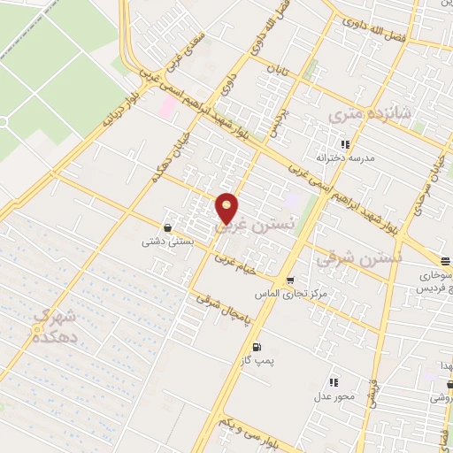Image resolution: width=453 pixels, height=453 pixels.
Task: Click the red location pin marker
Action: coord(227,207)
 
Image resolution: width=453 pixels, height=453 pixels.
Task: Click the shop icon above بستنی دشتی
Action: coord(168,228)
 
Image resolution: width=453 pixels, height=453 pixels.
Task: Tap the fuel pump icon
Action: coord(257,347)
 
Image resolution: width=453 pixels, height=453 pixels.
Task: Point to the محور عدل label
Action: coord(333,395)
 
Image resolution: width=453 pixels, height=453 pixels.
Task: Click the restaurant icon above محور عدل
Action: coord(333,382)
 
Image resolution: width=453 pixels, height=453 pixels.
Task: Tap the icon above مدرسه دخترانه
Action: coord(344,142)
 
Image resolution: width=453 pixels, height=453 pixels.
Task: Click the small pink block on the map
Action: coord(167,105)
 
